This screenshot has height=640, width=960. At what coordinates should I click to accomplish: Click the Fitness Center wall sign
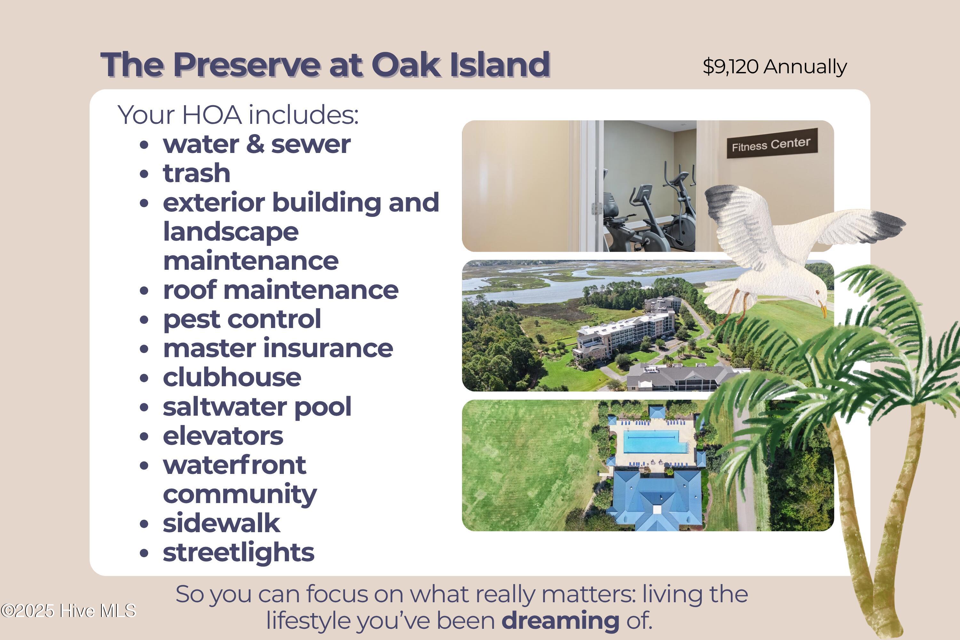tap(772, 144)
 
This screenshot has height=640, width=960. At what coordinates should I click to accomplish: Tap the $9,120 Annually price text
tap(775, 67)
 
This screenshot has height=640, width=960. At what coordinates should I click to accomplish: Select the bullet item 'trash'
tap(197, 173)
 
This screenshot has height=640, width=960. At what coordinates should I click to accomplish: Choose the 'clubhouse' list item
tap(232, 378)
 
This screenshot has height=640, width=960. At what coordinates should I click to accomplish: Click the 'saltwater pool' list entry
tap(257, 407)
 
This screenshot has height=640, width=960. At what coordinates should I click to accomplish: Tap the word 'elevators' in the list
tap(223, 436)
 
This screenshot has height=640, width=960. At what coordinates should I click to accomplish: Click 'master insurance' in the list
tap(278, 348)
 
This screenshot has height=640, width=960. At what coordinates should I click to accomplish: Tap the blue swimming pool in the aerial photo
tap(655, 441)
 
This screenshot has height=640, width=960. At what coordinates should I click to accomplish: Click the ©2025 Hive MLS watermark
tap(68, 611)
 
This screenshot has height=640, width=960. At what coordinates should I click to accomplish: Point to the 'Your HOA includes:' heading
tap(238, 115)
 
